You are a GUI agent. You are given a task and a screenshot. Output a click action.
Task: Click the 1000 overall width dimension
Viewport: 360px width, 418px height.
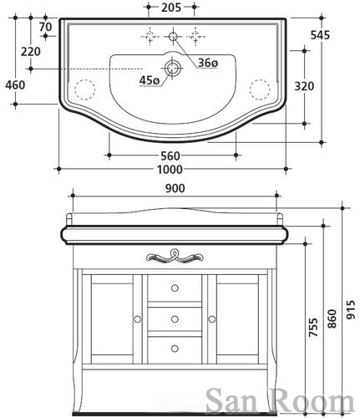(170, 170)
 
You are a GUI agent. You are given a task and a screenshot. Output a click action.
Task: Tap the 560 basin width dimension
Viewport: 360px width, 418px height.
(170, 155)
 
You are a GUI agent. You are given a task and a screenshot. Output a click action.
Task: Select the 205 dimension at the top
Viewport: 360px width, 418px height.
(171, 8)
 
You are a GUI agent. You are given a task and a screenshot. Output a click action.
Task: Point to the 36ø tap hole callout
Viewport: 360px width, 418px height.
(208, 64)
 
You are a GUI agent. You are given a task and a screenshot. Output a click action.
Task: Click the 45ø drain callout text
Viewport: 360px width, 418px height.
(150, 81)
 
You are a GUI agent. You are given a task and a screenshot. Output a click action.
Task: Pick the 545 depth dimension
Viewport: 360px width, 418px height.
(320, 35)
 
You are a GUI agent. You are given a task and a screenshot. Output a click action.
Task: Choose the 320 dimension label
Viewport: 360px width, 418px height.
(304, 86)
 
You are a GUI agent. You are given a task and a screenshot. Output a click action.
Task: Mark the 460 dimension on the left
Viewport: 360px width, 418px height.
(15, 85)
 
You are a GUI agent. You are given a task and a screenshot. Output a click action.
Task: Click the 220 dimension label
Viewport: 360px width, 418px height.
(31, 52)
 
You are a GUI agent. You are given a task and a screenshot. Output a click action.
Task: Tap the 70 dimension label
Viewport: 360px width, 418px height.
(45, 27)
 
